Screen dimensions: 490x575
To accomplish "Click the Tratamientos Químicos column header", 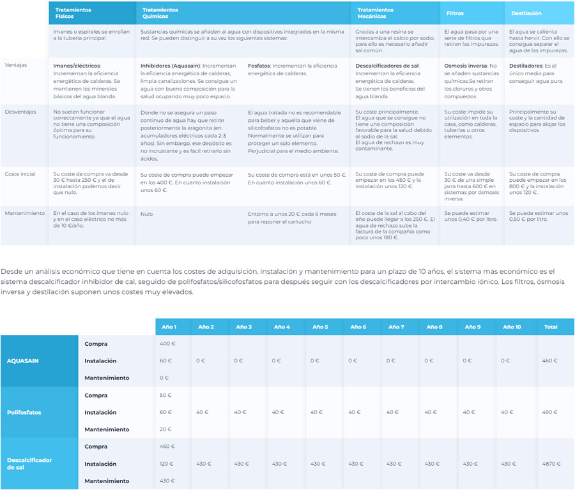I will point(160,13).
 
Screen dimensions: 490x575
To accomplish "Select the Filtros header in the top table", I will point(455,13).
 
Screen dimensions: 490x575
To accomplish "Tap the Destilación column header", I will point(526,13).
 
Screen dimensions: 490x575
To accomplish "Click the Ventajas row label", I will point(16,65).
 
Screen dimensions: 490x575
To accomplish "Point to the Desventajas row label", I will point(20,112).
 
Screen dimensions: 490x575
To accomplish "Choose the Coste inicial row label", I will point(20,174).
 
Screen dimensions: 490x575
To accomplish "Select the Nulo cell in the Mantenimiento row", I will point(146,214).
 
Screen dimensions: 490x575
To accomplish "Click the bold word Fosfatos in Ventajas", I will point(259,66).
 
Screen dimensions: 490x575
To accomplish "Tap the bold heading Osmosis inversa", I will point(465,66).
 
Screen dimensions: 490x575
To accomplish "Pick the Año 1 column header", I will point(169,327).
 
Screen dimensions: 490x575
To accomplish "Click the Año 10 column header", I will point(512,327).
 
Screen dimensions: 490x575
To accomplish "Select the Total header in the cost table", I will point(551,327).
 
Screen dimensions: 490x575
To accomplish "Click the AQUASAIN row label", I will point(23,360).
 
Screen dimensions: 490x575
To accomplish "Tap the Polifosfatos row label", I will point(24,412).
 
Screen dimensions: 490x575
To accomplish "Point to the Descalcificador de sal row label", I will point(29,463).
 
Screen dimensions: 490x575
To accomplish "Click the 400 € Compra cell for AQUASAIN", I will point(167,344).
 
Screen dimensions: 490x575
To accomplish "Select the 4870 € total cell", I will point(551,464).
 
